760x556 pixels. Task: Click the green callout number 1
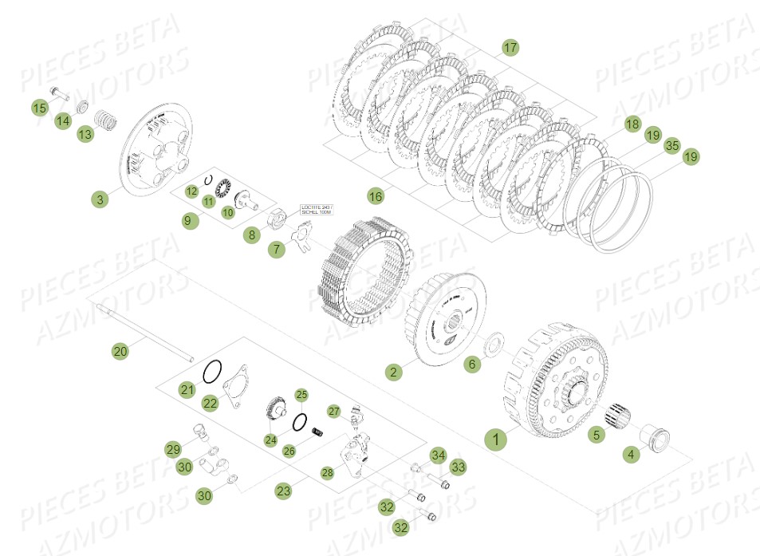(495, 439)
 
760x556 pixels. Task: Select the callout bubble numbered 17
(510, 48)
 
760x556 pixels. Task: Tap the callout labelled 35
(672, 145)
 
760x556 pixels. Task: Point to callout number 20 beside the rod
(120, 350)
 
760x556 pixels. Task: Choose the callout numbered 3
(100, 200)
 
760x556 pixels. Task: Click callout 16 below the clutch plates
(376, 195)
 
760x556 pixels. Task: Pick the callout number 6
(471, 364)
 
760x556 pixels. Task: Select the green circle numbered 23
(284, 491)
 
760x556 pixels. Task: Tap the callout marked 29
(173, 450)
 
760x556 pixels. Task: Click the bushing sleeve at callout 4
(660, 437)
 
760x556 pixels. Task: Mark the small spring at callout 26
(317, 432)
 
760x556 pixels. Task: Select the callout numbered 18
(632, 124)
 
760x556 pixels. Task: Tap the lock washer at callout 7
(301, 237)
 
